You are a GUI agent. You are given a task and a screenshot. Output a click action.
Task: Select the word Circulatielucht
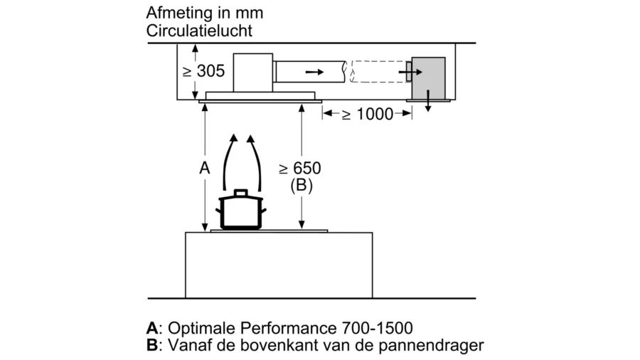tap(199, 31)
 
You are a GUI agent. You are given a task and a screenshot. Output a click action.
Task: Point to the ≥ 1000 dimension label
tap(367, 114)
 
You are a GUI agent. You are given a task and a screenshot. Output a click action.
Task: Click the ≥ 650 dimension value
tap(300, 169)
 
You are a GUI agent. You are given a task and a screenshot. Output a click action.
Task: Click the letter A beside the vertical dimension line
tap(204, 169)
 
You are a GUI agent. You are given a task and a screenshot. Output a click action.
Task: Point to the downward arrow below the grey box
tap(428, 103)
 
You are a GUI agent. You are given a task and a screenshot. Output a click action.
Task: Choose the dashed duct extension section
tap(378, 72)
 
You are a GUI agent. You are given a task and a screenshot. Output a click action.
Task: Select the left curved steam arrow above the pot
tap(229, 161)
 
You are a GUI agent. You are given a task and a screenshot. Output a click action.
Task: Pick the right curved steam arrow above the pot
tap(255, 161)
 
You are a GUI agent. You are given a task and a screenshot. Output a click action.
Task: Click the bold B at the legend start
tap(151, 346)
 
